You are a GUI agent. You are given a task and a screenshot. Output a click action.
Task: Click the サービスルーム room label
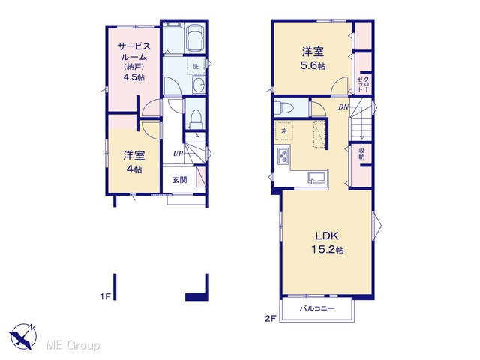pos(134,52)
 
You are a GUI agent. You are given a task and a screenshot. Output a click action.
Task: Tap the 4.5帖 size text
pos(133,77)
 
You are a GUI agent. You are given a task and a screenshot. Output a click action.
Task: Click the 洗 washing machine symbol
pos(196,66)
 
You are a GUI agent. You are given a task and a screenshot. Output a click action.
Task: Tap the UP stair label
pos(178,153)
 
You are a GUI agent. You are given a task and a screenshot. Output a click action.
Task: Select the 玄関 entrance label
pos(179,180)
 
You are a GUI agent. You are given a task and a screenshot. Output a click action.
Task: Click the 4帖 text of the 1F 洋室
pos(134,169)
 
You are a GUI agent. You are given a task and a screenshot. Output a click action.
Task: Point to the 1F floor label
pos(105,296)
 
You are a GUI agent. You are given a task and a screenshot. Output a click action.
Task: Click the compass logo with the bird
pos(23,336)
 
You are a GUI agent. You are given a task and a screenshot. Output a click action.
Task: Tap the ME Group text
pos(73,346)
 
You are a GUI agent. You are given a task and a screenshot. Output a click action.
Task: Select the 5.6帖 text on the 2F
pos(313,66)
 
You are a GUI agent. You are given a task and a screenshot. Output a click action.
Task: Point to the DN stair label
pos(343,107)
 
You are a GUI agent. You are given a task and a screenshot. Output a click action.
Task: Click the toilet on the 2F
pos(283,107)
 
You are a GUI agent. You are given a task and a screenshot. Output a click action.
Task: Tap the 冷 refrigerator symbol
pos(284,131)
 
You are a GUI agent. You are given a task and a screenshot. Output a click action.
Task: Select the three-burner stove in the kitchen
pos(283,156)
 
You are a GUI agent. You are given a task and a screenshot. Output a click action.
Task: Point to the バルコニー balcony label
pos(316,308)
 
